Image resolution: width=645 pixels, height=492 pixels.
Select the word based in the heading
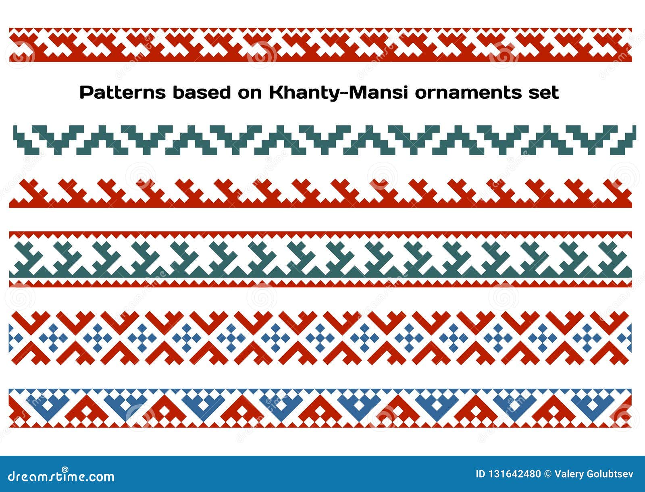[x=202, y=93]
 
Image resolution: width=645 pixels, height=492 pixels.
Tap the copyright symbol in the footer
[x=548, y=474]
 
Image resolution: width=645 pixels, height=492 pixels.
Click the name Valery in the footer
[x=568, y=474]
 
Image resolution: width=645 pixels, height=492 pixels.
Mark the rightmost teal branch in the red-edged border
[x=615, y=258]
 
